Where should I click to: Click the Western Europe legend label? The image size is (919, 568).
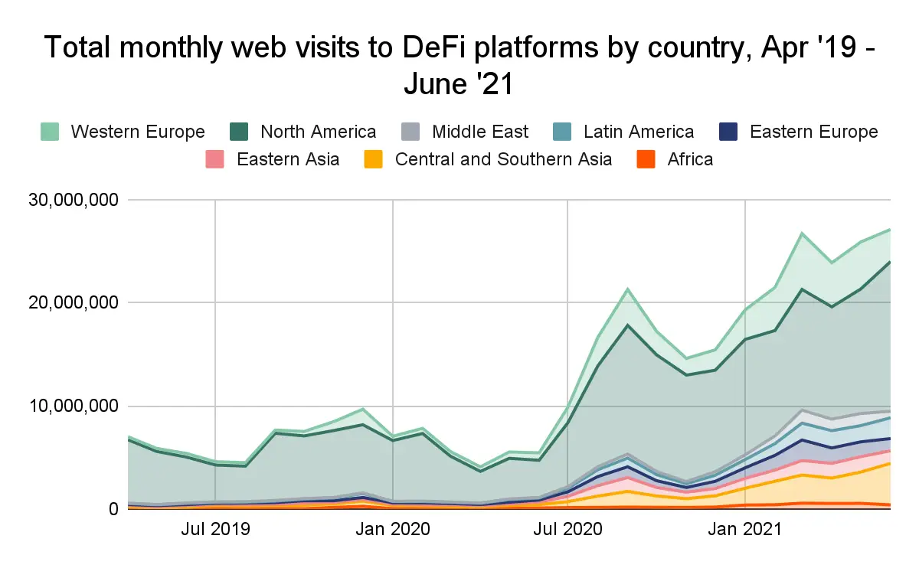coord(138,132)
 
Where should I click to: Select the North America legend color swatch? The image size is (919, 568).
coord(240,132)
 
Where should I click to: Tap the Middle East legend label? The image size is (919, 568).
coord(479,132)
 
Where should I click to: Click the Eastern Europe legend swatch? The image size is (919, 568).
coord(728,132)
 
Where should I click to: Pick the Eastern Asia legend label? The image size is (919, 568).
coord(288,159)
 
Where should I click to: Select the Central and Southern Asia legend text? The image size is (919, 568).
coord(503,159)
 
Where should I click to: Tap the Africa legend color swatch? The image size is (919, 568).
coord(647,159)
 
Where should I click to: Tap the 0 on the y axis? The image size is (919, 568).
coord(113,509)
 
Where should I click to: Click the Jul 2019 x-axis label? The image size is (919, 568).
coord(216,529)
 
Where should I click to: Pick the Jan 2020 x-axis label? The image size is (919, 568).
coord(392,529)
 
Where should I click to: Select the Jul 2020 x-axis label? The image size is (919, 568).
coord(567,529)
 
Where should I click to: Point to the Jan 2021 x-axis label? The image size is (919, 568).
coord(745,529)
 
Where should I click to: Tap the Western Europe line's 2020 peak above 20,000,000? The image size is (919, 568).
coord(628,289)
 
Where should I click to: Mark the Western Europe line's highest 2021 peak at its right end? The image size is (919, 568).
coord(890,229)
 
